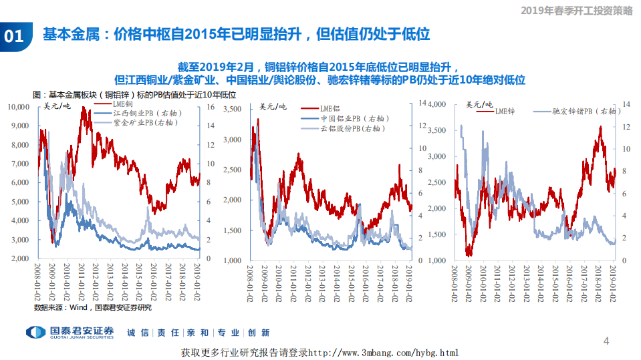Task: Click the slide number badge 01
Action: click(15, 36)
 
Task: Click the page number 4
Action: click(606, 341)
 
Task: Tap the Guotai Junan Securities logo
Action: click(70, 333)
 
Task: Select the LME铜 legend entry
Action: click(123, 105)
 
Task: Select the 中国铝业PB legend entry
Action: click(348, 118)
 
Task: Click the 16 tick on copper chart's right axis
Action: click(211, 107)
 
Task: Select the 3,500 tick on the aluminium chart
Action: click(233, 109)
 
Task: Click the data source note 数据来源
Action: click(93, 307)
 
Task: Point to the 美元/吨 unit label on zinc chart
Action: click(479, 104)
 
